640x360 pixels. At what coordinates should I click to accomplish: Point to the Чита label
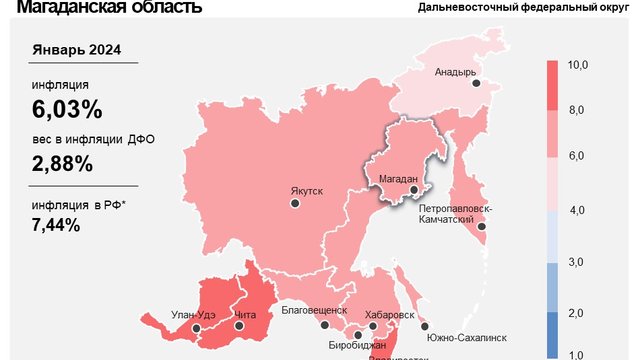(245, 316)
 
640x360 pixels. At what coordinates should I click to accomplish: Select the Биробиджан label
(357, 345)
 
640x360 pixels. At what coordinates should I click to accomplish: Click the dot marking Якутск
(295, 203)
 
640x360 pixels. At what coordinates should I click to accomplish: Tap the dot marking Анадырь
(477, 84)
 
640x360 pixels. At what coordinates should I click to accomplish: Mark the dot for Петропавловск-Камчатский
(482, 227)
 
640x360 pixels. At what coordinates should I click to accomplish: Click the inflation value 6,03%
(68, 109)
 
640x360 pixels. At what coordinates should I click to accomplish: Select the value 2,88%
(62, 163)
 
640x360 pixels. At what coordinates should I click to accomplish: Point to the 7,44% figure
(56, 225)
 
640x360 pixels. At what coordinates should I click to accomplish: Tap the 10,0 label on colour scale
(576, 65)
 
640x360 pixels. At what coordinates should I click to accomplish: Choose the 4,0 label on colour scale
(576, 210)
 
